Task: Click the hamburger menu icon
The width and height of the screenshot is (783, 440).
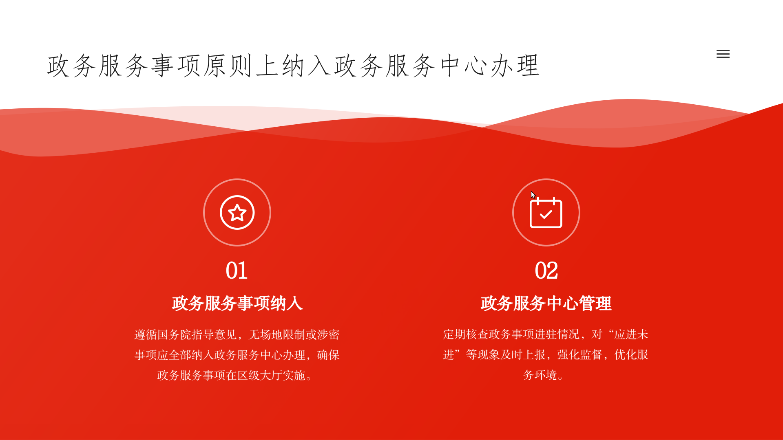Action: (x=723, y=54)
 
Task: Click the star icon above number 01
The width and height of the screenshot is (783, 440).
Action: (x=237, y=213)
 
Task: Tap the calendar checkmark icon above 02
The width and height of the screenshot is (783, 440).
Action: (x=546, y=213)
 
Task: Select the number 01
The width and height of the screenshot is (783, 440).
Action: (x=237, y=271)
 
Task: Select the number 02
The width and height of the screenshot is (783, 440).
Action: (x=546, y=271)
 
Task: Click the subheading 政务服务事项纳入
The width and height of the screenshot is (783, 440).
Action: (x=237, y=304)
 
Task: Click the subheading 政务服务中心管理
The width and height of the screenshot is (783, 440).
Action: (x=546, y=304)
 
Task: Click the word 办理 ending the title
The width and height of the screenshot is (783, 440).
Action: (x=515, y=66)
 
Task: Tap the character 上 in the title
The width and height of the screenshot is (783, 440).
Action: (x=268, y=66)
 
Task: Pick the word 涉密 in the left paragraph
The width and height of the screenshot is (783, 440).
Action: (x=328, y=334)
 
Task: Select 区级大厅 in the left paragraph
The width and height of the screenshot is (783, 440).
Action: (x=260, y=375)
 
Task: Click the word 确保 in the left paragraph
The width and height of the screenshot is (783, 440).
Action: (x=328, y=355)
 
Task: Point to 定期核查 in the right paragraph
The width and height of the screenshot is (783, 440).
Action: (x=466, y=334)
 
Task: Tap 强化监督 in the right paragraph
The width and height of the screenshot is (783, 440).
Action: (x=580, y=354)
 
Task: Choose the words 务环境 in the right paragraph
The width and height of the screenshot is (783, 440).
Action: (x=540, y=375)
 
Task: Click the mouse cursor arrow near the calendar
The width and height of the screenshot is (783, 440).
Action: (x=533, y=194)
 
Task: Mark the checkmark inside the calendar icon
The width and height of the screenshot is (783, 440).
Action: (x=546, y=214)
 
